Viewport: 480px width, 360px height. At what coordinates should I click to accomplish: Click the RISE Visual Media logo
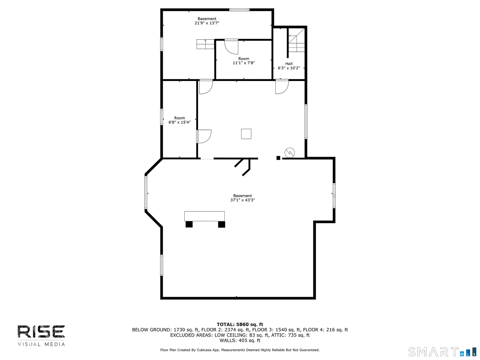pyautogui.click(x=41, y=336)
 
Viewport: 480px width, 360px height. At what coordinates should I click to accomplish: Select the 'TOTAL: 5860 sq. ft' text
pyautogui.click(x=240, y=324)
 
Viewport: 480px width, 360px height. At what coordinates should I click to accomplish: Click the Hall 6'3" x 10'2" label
pyautogui.click(x=289, y=66)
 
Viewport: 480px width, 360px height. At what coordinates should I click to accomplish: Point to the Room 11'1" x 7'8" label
pyautogui.click(x=244, y=61)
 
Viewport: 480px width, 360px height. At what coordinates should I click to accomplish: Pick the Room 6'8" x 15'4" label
pyautogui.click(x=179, y=120)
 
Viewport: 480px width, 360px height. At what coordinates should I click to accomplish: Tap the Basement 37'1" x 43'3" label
pyautogui.click(x=242, y=198)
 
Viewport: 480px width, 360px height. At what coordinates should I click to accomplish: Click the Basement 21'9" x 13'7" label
pyautogui.click(x=207, y=21)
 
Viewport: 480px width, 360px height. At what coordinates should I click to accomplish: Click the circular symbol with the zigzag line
pyautogui.click(x=290, y=153)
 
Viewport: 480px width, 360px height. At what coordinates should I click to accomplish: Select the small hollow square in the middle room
pyautogui.click(x=246, y=134)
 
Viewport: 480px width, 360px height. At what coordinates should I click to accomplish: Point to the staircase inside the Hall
pyautogui.click(x=296, y=40)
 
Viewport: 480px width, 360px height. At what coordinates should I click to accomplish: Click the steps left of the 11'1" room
pyautogui.click(x=205, y=44)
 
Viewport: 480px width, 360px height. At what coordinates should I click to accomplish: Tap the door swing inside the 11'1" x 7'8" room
pyautogui.click(x=231, y=47)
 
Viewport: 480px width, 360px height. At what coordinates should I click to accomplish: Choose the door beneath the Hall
pyautogui.click(x=282, y=87)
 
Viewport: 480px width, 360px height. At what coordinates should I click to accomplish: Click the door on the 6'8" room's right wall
pyautogui.click(x=204, y=137)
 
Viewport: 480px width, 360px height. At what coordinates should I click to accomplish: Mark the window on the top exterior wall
pyautogui.click(x=239, y=10)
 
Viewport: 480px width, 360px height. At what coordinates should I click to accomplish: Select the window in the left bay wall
pyautogui.click(x=146, y=193)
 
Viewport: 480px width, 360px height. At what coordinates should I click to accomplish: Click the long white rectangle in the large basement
pyautogui.click(x=204, y=216)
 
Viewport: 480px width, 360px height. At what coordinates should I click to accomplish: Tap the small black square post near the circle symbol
pyautogui.click(x=278, y=158)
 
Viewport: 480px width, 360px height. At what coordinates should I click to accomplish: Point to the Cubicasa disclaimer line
pyautogui.click(x=240, y=350)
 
